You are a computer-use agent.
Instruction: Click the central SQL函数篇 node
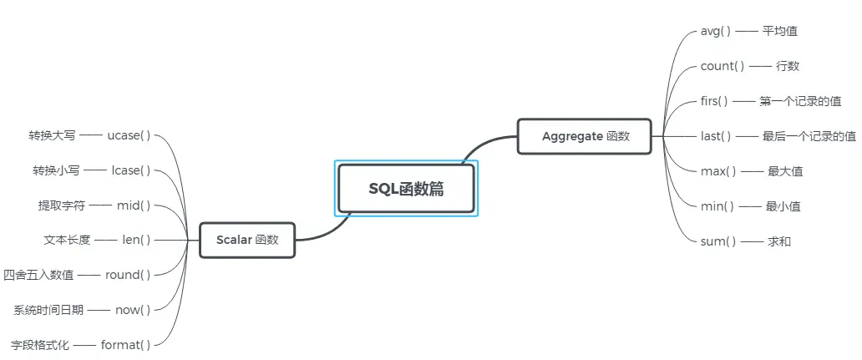[x=406, y=189]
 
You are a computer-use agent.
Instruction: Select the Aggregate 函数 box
[x=584, y=136]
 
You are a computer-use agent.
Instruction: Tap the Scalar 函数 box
[x=246, y=240]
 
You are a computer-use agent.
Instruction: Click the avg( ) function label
[x=716, y=31]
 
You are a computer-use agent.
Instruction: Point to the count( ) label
[x=723, y=66]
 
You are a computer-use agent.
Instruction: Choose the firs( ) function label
[x=714, y=101]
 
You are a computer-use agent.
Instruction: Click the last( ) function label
[x=716, y=136]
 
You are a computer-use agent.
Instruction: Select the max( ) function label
[x=718, y=171]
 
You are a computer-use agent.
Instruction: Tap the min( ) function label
[x=717, y=206]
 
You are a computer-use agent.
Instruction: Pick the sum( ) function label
[x=718, y=241]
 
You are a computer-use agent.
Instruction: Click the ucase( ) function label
[x=129, y=135]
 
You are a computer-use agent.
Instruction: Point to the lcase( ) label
[x=131, y=170]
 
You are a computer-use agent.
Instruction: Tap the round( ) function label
[x=128, y=274]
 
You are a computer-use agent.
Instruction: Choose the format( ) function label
[x=125, y=344]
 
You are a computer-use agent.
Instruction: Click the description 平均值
[x=779, y=31]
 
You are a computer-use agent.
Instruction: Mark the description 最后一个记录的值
[x=809, y=136]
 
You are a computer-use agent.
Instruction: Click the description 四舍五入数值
[x=38, y=274]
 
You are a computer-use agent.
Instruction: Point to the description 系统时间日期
[x=48, y=310]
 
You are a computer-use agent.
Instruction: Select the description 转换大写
[x=52, y=135]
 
